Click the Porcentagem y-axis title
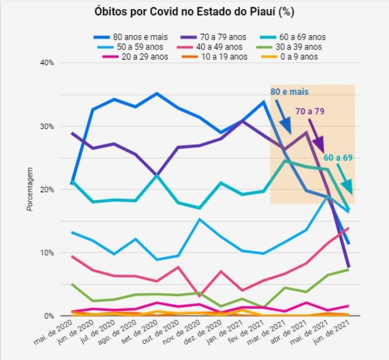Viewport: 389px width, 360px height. pos(30,190)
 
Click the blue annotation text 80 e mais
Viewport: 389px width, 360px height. pos(289,91)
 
